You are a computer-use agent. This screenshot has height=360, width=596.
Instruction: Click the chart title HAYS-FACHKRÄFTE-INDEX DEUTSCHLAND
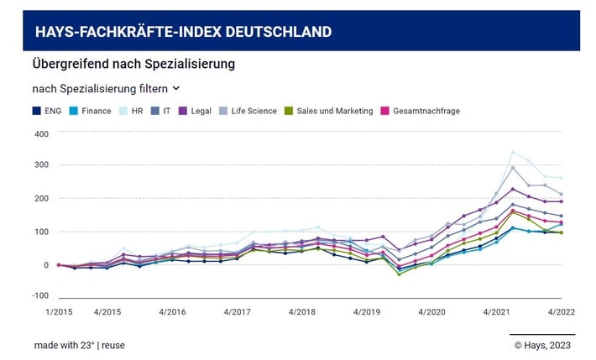(x=183, y=32)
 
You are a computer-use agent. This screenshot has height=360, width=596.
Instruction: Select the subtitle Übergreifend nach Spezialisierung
(x=133, y=64)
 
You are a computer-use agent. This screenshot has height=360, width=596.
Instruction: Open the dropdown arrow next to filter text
(x=176, y=88)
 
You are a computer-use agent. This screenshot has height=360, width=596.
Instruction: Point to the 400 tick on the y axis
(x=41, y=133)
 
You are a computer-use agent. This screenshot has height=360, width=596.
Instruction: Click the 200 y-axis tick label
(x=41, y=199)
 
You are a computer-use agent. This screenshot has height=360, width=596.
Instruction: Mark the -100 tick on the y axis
(x=40, y=295)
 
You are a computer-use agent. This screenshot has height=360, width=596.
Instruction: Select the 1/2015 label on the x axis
(x=58, y=310)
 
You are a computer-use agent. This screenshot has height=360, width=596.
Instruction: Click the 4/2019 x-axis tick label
(x=367, y=310)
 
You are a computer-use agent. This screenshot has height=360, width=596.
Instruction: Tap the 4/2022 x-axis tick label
(x=561, y=310)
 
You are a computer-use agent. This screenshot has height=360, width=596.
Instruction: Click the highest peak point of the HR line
(x=513, y=152)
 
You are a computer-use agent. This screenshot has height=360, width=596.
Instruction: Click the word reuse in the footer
(x=113, y=345)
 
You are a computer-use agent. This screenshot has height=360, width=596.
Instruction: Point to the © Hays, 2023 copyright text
(x=541, y=345)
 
